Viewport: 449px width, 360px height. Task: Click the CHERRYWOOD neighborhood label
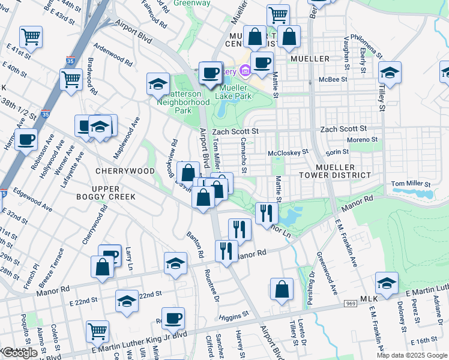(124, 171)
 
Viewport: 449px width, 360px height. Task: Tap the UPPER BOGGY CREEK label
(106, 192)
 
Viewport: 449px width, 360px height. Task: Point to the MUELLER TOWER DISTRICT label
(339, 171)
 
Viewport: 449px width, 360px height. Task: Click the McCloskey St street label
(288, 153)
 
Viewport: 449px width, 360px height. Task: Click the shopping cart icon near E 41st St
(30, 37)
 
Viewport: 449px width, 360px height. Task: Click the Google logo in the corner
(19, 353)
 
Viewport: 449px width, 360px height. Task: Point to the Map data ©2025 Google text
(411, 355)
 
